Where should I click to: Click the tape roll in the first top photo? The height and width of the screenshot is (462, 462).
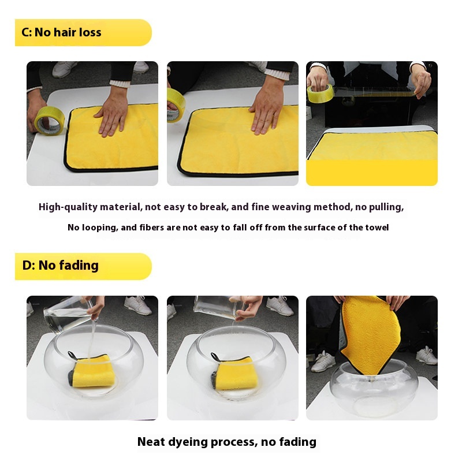pyautogui.click(x=50, y=121)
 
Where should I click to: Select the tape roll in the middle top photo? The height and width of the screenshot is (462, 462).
pyautogui.click(x=176, y=105)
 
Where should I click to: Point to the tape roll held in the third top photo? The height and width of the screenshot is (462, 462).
pyautogui.click(x=321, y=93)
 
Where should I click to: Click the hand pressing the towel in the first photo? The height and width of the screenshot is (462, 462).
pyautogui.click(x=113, y=113)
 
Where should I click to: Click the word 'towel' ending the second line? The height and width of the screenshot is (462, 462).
pyautogui.click(x=377, y=228)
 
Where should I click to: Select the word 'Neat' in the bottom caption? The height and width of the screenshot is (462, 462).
pyautogui.click(x=151, y=442)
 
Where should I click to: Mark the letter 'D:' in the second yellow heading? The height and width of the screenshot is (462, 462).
pyautogui.click(x=28, y=266)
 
